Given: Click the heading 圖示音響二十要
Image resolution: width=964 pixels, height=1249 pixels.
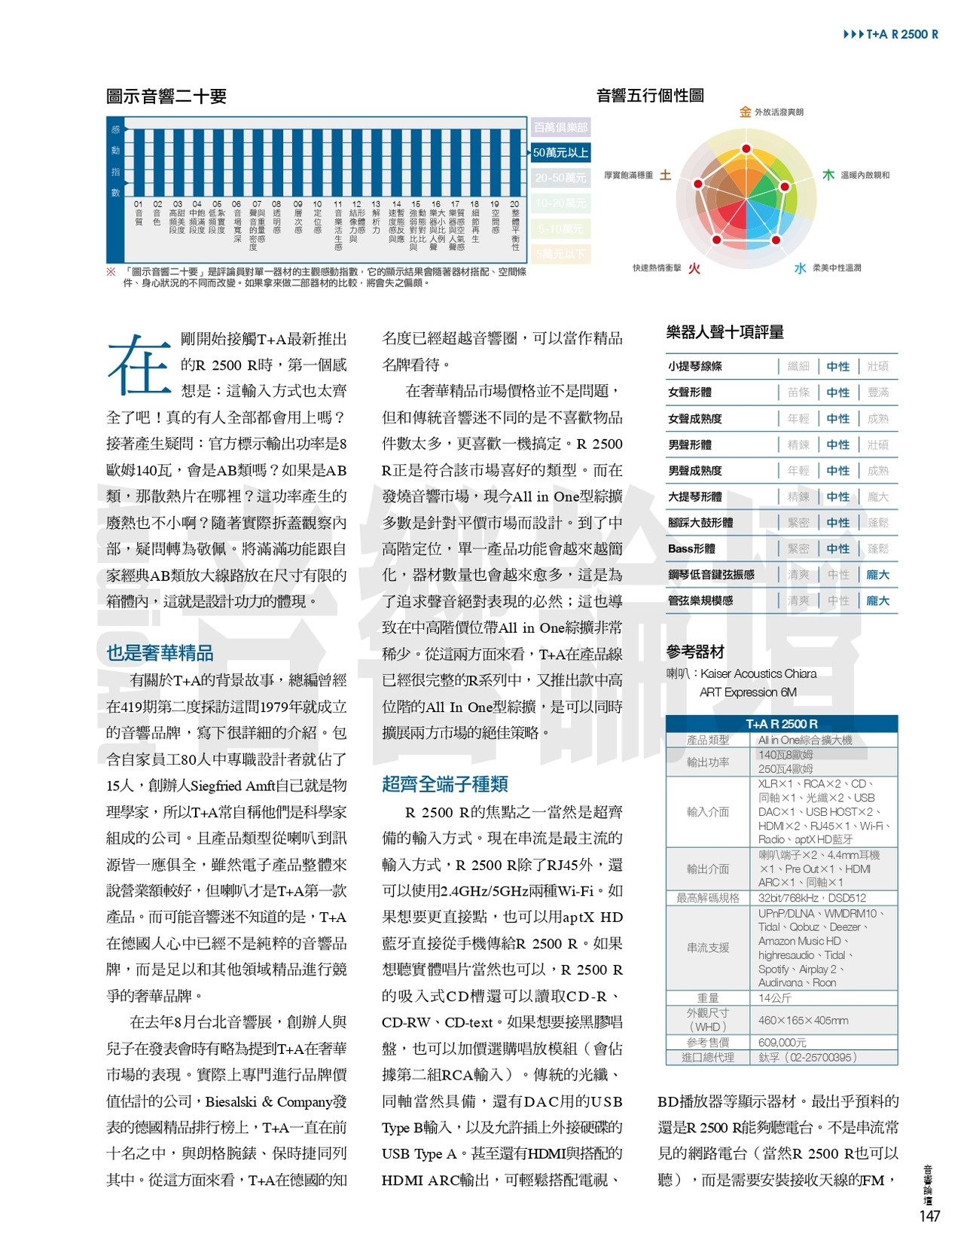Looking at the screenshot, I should (166, 96).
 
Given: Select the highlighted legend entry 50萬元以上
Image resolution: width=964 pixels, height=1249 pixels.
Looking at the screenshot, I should (560, 153).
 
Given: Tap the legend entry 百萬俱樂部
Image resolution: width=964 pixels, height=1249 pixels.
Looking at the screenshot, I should (560, 127).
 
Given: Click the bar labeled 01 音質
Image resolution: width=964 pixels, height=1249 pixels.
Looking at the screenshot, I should (139, 162).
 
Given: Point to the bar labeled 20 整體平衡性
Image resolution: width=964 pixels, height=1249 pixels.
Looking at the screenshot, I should (515, 162).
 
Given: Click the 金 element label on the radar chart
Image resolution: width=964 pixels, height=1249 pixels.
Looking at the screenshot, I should (745, 112).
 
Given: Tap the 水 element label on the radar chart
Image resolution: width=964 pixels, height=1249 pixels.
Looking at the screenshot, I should (800, 268).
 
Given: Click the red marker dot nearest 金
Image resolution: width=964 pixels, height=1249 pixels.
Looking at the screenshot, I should (746, 149).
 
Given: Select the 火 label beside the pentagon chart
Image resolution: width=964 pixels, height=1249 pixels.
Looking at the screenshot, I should (694, 268).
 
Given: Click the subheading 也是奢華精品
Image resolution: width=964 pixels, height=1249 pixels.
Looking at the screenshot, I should (160, 653).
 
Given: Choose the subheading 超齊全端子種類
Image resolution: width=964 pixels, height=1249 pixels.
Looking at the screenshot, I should (444, 784).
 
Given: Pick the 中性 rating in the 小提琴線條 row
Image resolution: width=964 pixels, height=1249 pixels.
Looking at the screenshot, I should (837, 367).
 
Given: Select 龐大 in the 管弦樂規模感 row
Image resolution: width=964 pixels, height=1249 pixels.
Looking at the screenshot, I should (877, 601).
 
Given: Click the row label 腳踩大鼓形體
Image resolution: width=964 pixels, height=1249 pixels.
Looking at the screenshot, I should (700, 523).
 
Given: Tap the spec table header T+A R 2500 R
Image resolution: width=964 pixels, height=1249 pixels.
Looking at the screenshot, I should (781, 724).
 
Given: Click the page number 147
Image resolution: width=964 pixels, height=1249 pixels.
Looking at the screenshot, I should (929, 1217).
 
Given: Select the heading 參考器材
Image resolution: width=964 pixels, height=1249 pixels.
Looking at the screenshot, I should (695, 652).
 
